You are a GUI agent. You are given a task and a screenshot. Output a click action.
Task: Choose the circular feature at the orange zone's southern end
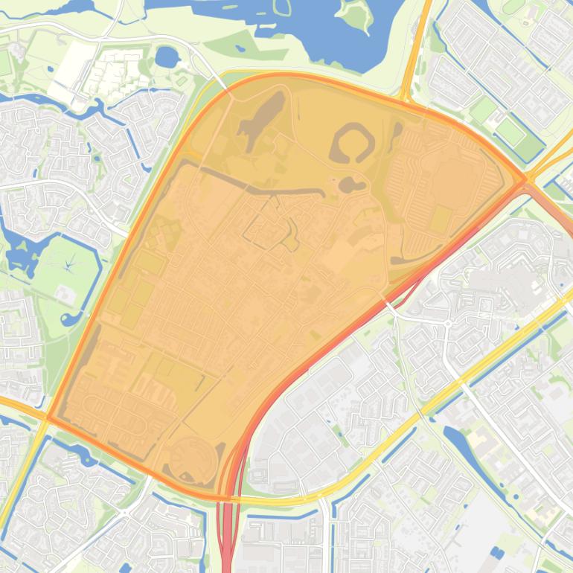pyautogui.click(x=192, y=458)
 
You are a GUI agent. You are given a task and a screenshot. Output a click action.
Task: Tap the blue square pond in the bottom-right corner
pyautogui.click(x=497, y=553)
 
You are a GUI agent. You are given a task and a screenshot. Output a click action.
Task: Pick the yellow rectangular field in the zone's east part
pyautogui.click(x=441, y=220)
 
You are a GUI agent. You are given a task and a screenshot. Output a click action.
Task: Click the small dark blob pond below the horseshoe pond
pyautogui.click(x=348, y=183)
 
